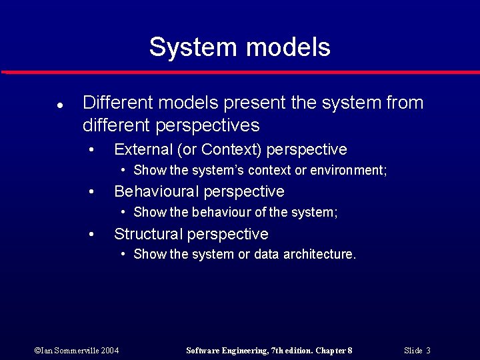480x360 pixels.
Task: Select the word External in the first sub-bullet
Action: [142, 149]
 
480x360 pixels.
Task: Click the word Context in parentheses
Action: [226, 149]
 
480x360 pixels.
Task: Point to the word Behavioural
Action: [157, 192]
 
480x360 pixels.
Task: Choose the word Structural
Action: [149, 234]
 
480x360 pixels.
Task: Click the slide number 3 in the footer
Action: [428, 351]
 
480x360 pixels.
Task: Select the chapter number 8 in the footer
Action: [349, 351]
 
